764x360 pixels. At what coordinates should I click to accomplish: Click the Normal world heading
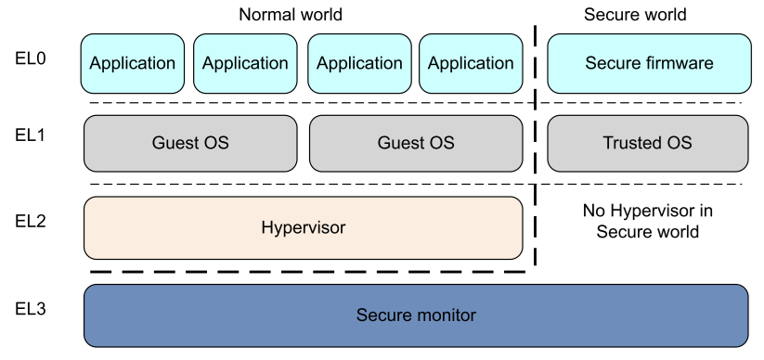pos(291,15)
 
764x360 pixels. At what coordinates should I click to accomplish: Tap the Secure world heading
pos(635,15)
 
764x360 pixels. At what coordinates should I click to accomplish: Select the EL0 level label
pos(31,59)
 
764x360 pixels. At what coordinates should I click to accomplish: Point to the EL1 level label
pos(31,135)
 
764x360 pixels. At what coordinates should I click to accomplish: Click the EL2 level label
pos(31,221)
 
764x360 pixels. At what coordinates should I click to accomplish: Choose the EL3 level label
pos(31,308)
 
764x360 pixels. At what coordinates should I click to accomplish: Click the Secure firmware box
pos(649,63)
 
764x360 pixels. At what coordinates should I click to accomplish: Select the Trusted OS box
pos(648,143)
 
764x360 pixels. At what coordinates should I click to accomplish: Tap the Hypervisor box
pos(303,227)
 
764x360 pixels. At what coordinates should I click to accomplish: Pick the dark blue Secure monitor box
pos(416,315)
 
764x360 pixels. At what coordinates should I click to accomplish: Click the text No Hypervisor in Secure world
pos(648,221)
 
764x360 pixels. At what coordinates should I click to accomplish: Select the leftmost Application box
pos(133,63)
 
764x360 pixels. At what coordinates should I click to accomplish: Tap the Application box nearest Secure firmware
pos(471,63)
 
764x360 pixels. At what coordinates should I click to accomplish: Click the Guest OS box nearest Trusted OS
pos(416,143)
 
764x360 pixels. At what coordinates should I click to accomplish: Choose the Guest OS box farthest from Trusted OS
pos(190,143)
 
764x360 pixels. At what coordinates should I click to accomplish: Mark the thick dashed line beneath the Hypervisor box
pos(307,272)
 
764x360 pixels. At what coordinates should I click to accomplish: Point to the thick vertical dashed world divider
pos(536,145)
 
